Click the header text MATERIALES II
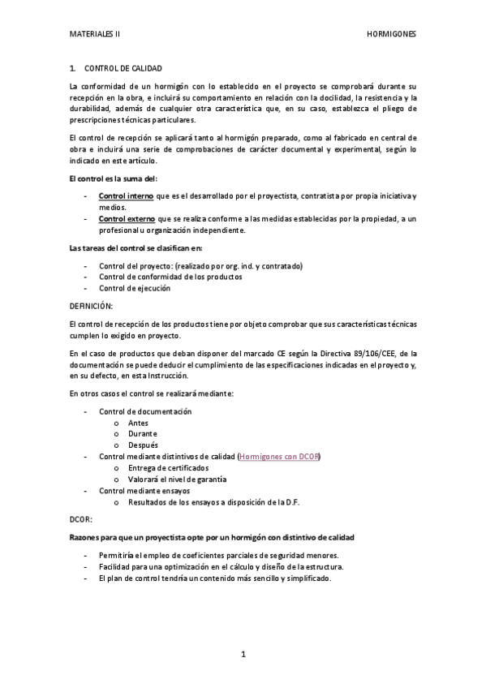tap(95, 36)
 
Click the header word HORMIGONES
tap(391, 36)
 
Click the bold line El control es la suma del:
tap(114, 178)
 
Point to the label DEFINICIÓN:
tap(92, 306)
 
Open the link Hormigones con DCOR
tap(280, 457)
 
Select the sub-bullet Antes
tap(138, 423)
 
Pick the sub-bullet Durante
tap(143, 434)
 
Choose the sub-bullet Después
tap(143, 445)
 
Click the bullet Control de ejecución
tap(135, 288)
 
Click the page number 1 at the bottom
tap(243, 654)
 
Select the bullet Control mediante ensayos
tap(144, 491)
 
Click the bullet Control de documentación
tap(145, 411)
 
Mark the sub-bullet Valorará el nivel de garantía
tap(177, 479)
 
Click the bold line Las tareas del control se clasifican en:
tap(136, 247)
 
